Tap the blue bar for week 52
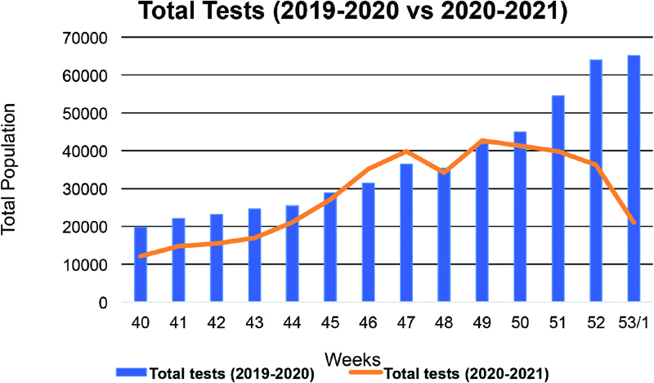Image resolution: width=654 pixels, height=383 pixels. click(595, 181)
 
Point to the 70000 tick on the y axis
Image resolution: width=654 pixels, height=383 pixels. click(81, 38)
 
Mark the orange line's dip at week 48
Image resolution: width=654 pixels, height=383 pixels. click(444, 173)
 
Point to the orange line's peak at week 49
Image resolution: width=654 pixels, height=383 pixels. click(482, 141)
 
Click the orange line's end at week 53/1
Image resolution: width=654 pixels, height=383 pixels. click(634, 222)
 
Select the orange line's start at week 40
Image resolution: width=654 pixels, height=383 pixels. click(141, 256)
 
